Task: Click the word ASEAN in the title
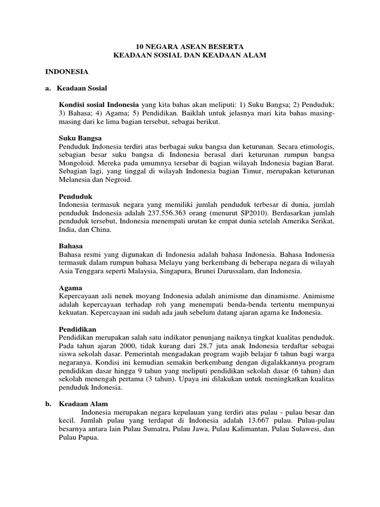pyautogui.click(x=185, y=46)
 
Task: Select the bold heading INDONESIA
pyautogui.click(x=67, y=72)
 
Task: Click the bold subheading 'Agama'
pyautogui.click(x=70, y=288)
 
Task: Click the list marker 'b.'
pyautogui.click(x=48, y=404)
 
